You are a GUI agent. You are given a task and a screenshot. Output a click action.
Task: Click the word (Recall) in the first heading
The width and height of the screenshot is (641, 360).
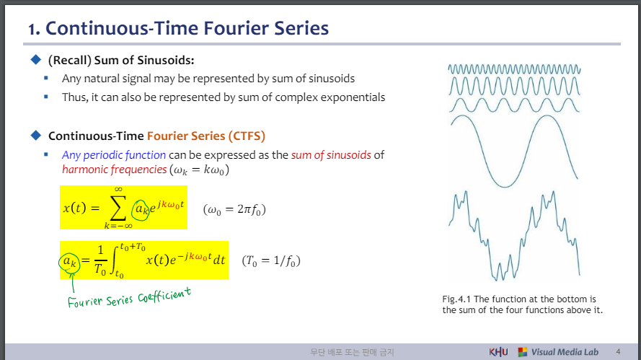coord(69,61)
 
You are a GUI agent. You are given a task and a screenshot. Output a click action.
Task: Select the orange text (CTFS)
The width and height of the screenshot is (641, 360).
coord(247,136)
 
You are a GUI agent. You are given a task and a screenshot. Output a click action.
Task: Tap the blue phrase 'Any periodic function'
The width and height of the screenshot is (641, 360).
coord(114,155)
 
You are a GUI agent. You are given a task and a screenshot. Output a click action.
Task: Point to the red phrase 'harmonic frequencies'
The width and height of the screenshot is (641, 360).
coord(115,170)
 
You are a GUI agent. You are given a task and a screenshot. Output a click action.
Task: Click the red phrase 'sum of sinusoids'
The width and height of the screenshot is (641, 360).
coord(331,155)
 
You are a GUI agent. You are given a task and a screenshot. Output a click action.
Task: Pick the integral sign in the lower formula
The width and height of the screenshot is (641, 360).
coord(114,260)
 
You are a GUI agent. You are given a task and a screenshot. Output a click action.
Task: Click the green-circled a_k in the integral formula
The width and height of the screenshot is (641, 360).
coord(69,261)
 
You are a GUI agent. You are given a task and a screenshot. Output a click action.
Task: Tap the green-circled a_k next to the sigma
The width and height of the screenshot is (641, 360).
coord(141,210)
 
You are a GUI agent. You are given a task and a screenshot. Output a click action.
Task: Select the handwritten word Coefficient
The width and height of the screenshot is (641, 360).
coord(164,294)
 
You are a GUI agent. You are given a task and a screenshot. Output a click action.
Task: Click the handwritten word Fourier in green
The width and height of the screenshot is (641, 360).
coord(85,302)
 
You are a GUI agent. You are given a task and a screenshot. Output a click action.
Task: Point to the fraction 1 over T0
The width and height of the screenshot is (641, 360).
coord(100,260)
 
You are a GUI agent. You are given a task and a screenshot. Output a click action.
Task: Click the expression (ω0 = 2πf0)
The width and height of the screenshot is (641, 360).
coord(234,210)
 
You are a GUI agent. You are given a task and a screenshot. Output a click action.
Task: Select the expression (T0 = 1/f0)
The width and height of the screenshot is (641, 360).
coord(271,261)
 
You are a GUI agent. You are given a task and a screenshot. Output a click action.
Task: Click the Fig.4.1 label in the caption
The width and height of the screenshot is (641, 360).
coord(456,299)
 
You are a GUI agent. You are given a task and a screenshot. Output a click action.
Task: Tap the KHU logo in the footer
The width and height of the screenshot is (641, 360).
coord(498,352)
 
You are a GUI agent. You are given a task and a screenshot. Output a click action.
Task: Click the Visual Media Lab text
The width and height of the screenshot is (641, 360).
coord(565,352)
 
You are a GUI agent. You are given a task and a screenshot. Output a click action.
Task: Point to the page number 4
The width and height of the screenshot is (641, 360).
coord(618,352)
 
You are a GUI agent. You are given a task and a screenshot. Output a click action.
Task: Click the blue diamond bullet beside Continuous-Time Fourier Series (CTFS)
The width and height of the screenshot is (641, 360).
coord(36,135)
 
